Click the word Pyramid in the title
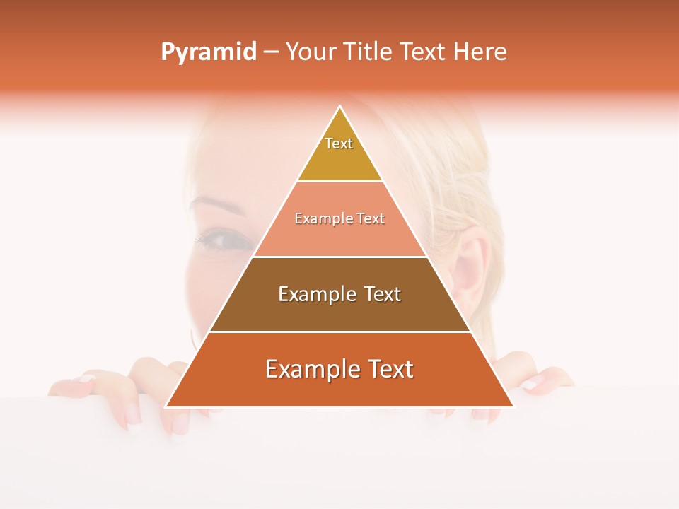coord(208,52)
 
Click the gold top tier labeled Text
coord(339,152)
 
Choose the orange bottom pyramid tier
coord(339,378)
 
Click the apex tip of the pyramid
coord(339,108)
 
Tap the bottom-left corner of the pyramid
coord(167,406)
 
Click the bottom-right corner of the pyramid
coord(512,406)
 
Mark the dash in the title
coord(271,52)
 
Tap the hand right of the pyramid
coord(545,382)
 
